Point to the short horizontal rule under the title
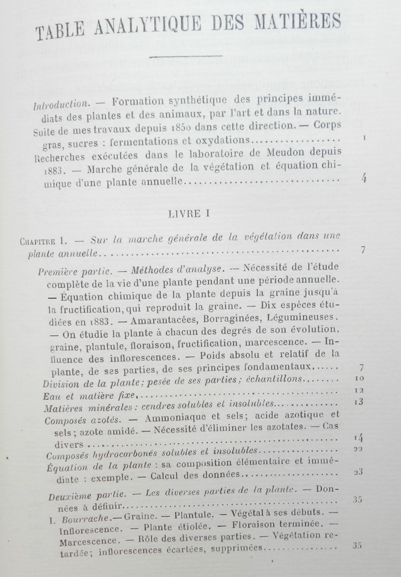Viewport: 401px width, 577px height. point(185,56)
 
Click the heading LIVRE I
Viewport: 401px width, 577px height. point(188,213)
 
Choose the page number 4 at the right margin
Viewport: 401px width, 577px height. point(363,178)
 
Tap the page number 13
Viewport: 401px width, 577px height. point(359,402)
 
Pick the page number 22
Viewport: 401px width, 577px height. point(358,449)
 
